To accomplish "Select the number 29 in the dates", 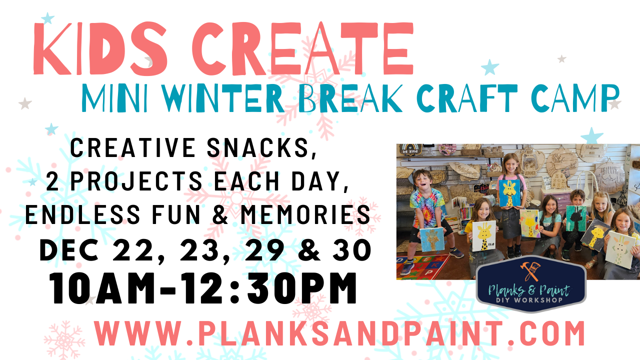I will tap(262, 250).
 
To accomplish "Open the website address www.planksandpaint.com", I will tap(339, 334).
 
